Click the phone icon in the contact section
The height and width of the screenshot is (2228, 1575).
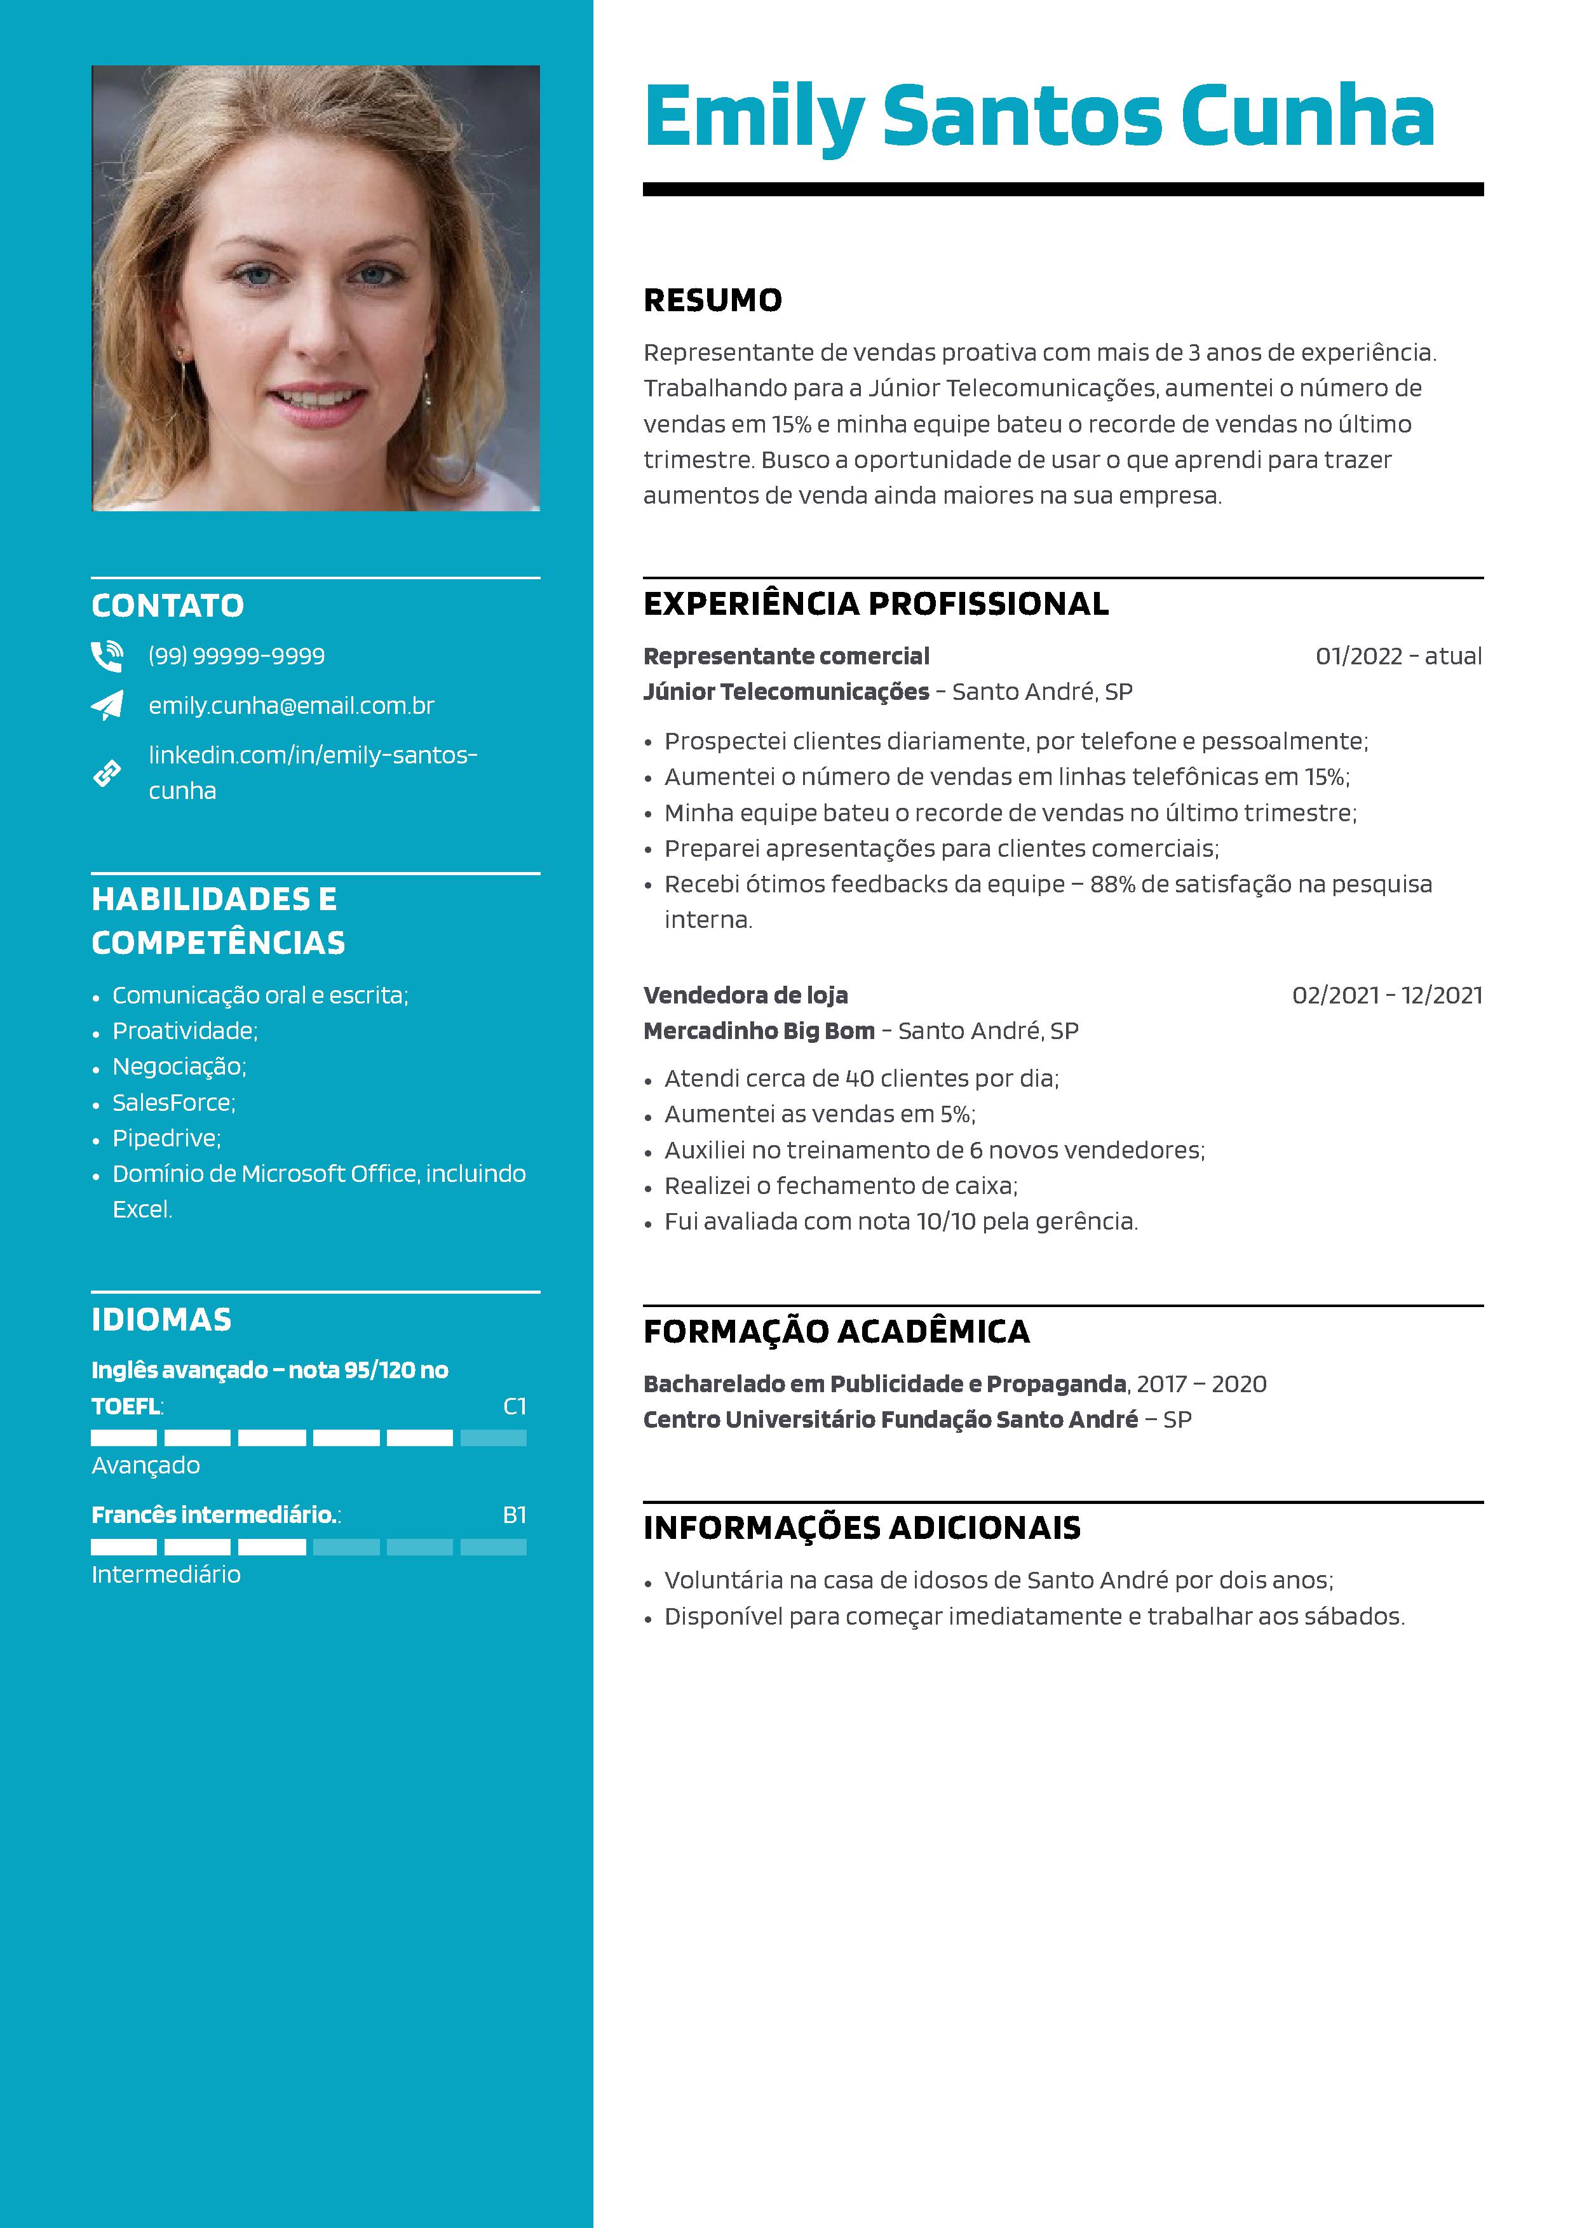coord(107,657)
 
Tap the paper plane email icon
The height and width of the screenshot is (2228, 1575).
coord(107,706)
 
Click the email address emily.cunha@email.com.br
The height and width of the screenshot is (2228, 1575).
coord(291,706)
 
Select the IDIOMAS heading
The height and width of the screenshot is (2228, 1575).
coord(161,1320)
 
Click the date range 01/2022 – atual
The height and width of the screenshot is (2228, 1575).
coord(1397,656)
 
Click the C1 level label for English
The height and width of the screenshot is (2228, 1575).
coord(515,1406)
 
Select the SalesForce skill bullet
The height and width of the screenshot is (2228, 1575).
coord(173,1103)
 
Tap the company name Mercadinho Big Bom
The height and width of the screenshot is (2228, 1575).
coord(759,1031)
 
